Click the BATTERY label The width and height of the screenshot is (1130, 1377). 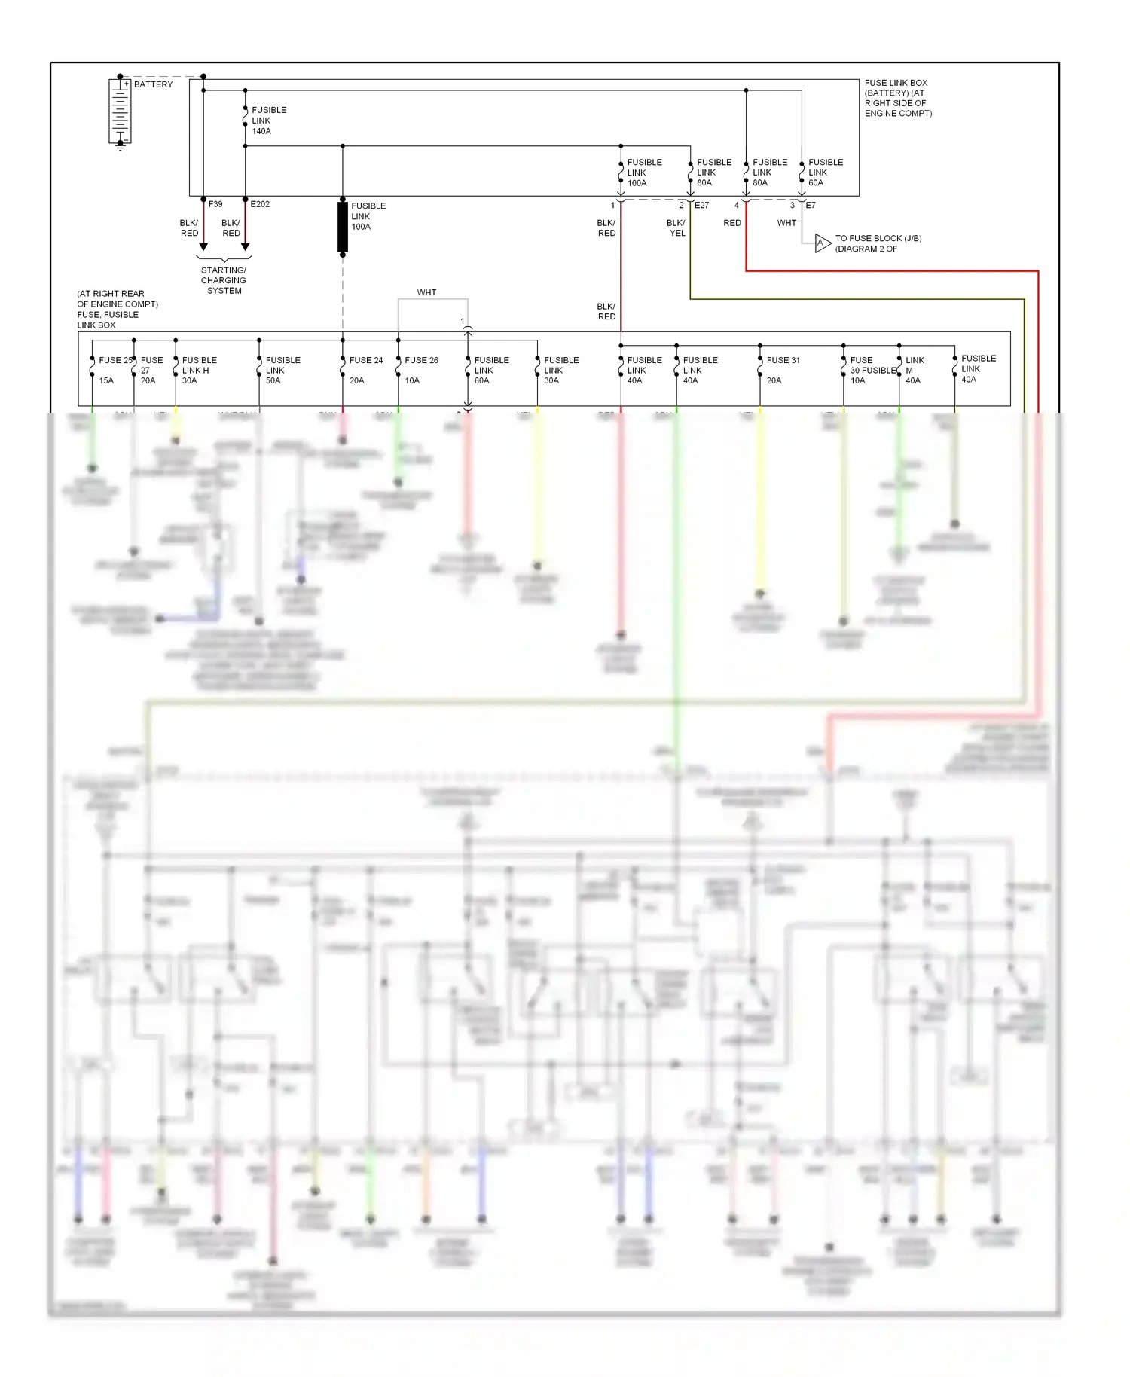coord(153,84)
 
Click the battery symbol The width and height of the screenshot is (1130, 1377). coord(120,111)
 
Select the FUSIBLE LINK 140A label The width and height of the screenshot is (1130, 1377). coord(268,121)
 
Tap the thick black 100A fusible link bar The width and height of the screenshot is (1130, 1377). coord(343,226)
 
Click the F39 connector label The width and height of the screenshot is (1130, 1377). coord(215,204)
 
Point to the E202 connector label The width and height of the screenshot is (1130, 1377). coord(260,204)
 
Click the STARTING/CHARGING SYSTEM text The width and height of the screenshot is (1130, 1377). coord(224,280)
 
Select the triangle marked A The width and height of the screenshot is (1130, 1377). coord(822,243)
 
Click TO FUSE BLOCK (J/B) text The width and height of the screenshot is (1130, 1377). coord(878,243)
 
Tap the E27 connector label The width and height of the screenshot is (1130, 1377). coord(701,205)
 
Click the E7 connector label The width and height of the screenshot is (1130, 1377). coord(811,205)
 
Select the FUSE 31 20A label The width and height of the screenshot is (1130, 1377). coord(782,370)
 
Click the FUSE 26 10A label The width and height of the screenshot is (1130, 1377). coord(420,370)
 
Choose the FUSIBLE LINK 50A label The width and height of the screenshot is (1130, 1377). coord(282,370)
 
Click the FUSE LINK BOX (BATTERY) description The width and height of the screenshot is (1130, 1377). coord(897,98)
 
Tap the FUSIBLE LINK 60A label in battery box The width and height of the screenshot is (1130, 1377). coord(825,173)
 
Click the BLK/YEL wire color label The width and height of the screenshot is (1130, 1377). coord(676,228)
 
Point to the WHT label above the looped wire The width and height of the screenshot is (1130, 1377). coord(426,292)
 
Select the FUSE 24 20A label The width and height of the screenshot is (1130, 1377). coord(365,370)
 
